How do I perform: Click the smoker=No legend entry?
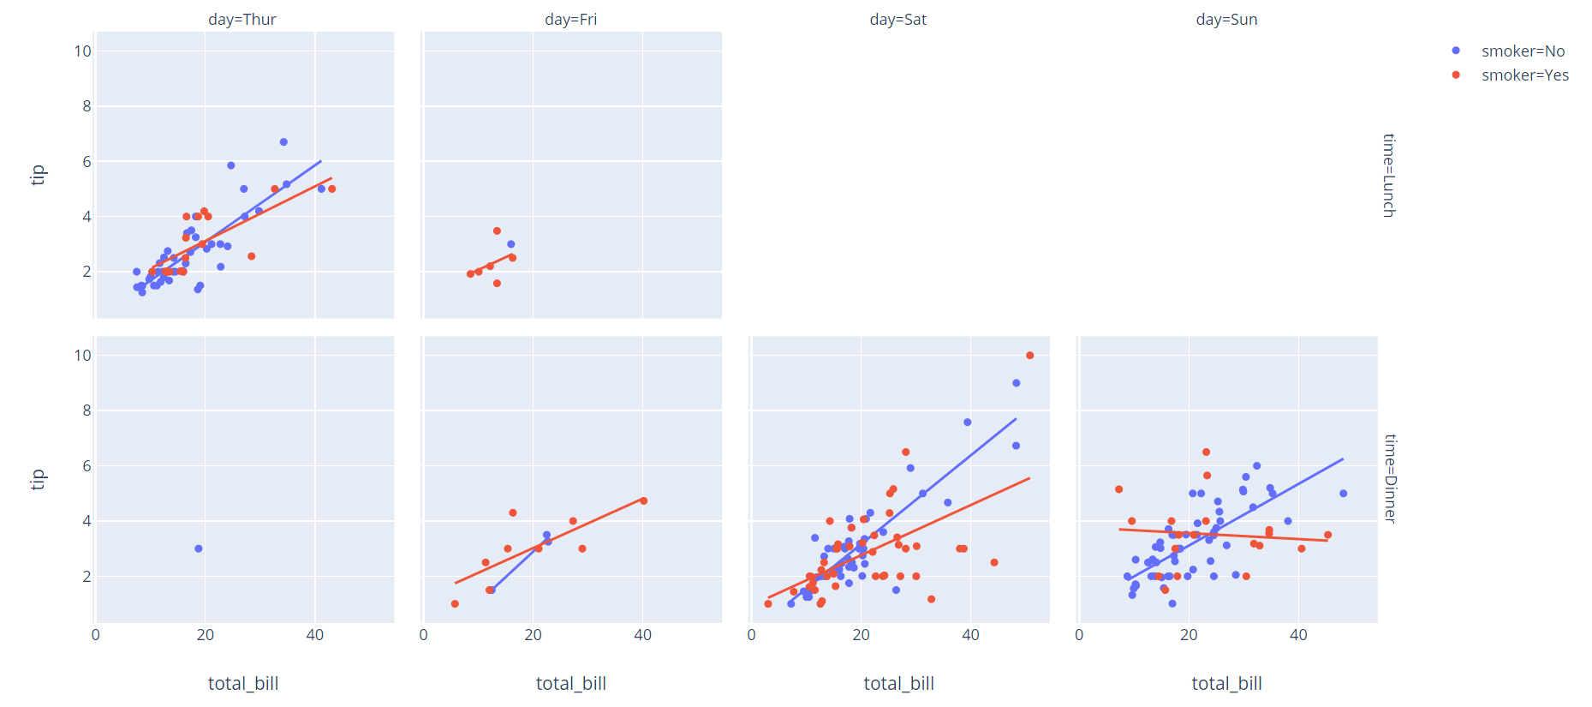tap(1522, 51)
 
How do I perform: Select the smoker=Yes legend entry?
tap(1524, 75)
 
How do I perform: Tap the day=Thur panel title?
tap(242, 20)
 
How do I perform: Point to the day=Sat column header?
tap(897, 20)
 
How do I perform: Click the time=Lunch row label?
tap(1388, 175)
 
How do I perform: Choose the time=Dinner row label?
tap(1390, 478)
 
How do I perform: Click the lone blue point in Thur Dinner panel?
tap(199, 548)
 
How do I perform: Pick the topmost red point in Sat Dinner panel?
tap(1029, 356)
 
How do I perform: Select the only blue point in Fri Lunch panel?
tap(511, 244)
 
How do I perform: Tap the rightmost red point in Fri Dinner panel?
tap(643, 501)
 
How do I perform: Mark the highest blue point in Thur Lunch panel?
tap(283, 142)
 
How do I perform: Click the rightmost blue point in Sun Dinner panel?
tap(1343, 494)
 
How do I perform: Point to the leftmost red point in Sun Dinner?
tap(1118, 489)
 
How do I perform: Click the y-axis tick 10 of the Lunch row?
tap(82, 51)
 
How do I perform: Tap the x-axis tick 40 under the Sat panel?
tap(970, 635)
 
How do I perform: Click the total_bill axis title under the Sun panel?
tap(1226, 684)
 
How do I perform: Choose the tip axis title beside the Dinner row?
tap(38, 479)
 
